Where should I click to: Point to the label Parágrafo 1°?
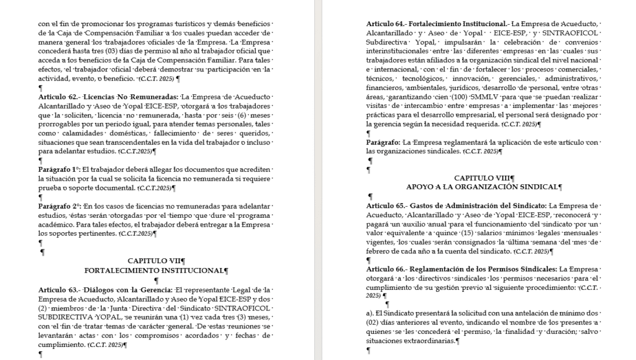click(x=59, y=169)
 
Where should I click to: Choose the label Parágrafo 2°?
click(x=59, y=205)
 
